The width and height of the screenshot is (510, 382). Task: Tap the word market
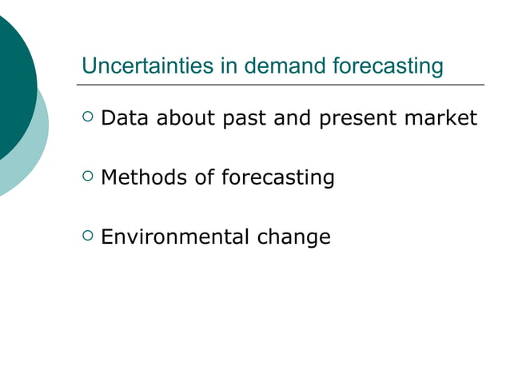[440, 119]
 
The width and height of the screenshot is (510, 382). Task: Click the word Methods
[145, 177]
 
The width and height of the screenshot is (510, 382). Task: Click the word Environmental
[176, 237]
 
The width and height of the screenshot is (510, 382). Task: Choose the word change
[293, 238]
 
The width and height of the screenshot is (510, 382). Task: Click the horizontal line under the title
[280, 84]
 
